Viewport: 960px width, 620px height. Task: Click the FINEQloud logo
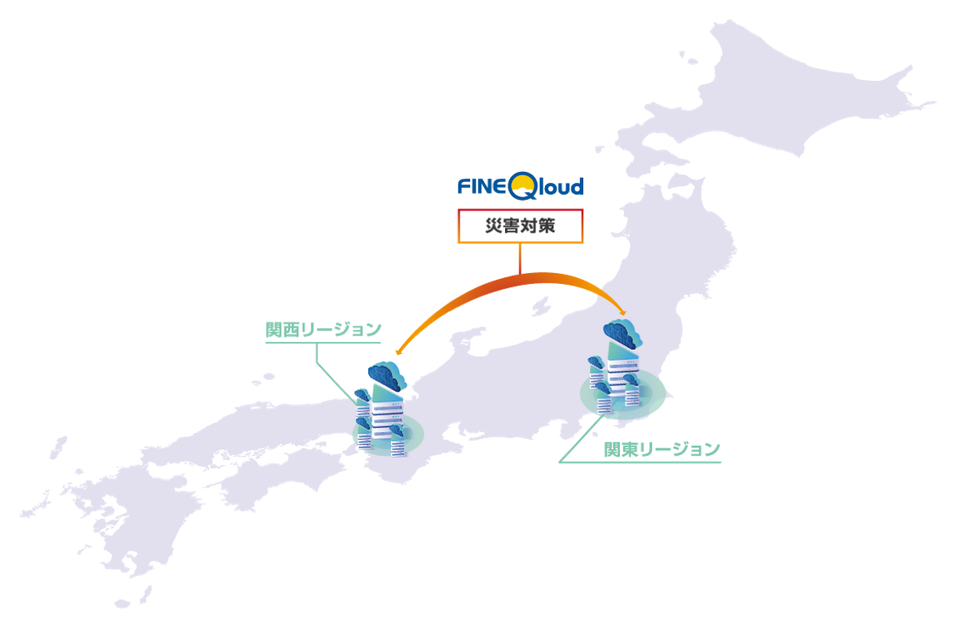520,186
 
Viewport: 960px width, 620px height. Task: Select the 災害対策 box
520,226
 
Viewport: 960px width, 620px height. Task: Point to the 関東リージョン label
662,449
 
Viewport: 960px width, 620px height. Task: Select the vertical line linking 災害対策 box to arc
520,259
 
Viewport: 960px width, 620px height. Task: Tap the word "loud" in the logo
560,186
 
